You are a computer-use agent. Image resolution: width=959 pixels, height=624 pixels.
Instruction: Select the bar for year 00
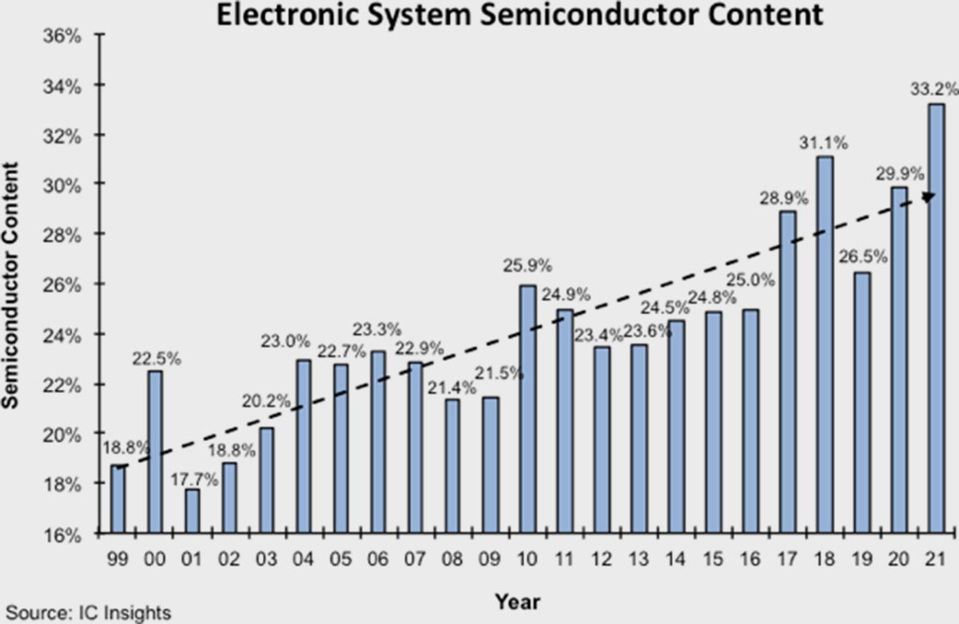[155, 451]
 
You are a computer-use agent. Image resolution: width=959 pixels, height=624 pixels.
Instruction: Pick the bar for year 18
[825, 344]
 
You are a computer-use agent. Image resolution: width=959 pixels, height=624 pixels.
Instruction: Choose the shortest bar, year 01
[192, 511]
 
